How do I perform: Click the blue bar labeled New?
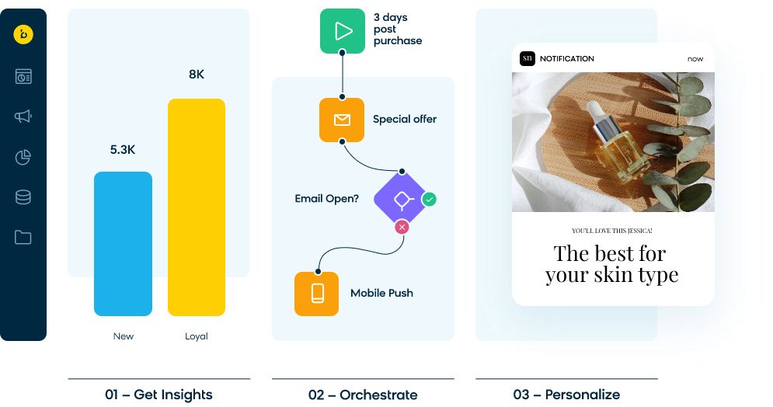[123, 243]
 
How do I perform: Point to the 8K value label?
[197, 75]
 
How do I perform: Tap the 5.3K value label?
[123, 149]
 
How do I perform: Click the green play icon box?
[343, 31]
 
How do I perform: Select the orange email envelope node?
[342, 120]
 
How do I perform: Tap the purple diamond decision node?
[402, 200]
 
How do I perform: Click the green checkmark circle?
[429, 200]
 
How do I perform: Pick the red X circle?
[402, 227]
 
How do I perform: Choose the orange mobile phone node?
[317, 293]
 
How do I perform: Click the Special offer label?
[404, 120]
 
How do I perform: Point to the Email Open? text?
[326, 199]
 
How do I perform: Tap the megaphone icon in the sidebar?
[23, 117]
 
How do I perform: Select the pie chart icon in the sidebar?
[23, 157]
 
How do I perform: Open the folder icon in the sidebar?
[23, 237]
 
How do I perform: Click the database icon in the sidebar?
[23, 197]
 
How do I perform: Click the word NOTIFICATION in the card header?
[566, 59]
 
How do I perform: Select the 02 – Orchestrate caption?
[363, 395]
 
